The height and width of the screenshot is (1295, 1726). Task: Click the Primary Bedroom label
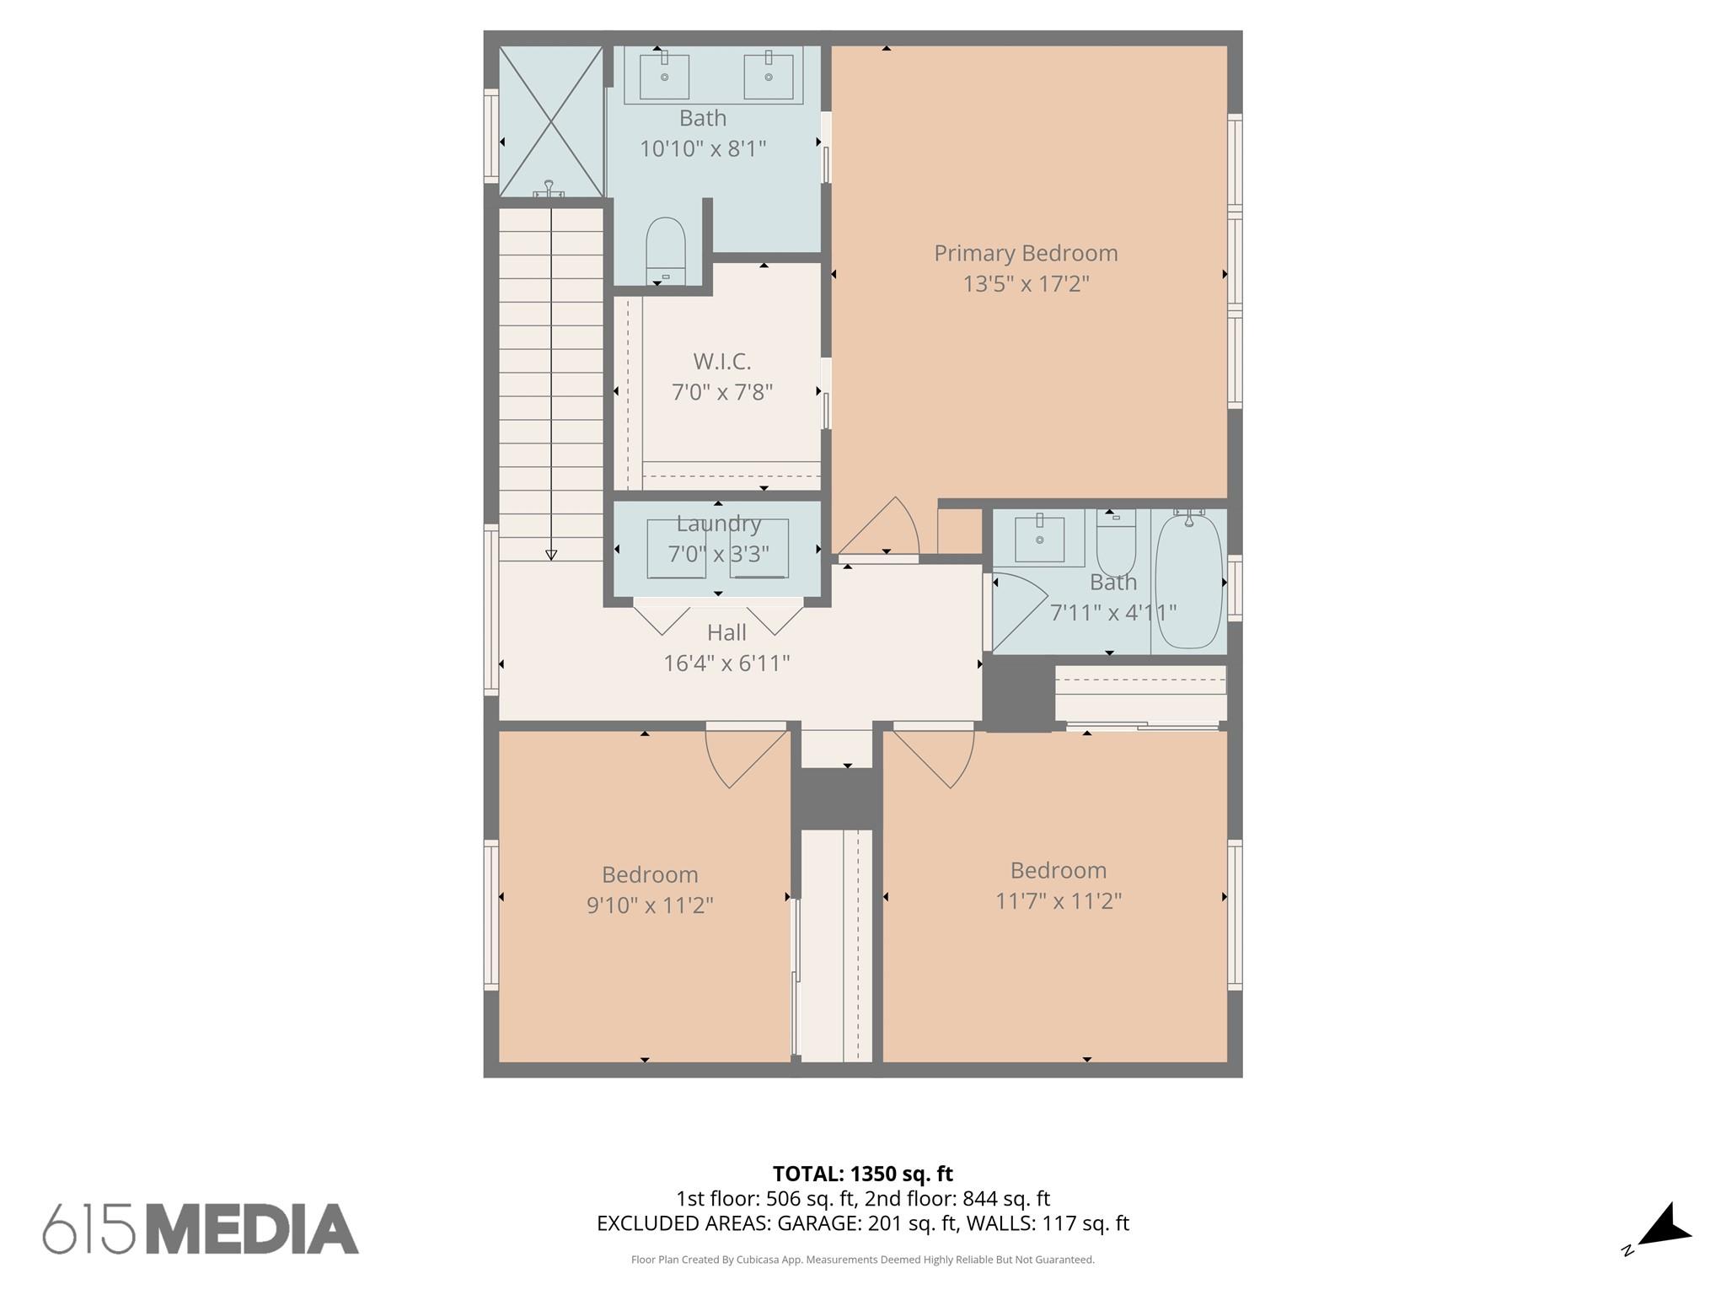point(1026,253)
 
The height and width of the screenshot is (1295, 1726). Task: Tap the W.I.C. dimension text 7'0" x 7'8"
point(722,392)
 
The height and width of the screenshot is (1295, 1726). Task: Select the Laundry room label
point(719,524)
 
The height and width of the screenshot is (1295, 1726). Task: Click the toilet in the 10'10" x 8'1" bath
point(665,250)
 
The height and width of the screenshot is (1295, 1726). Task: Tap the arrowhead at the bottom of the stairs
point(551,555)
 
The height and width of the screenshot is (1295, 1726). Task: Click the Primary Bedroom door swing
point(881,527)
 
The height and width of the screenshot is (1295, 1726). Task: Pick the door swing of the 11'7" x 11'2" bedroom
point(937,757)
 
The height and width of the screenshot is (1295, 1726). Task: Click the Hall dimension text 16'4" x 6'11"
point(726,664)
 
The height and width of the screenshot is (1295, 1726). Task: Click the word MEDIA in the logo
point(253,1229)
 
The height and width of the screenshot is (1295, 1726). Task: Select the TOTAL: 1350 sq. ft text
point(862,1174)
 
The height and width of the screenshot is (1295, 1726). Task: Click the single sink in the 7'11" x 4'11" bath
point(1039,539)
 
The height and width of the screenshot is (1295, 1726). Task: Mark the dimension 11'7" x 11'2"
point(1058,901)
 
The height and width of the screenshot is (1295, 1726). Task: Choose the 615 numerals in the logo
point(88,1229)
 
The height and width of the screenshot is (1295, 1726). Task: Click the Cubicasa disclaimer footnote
point(862,1260)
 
